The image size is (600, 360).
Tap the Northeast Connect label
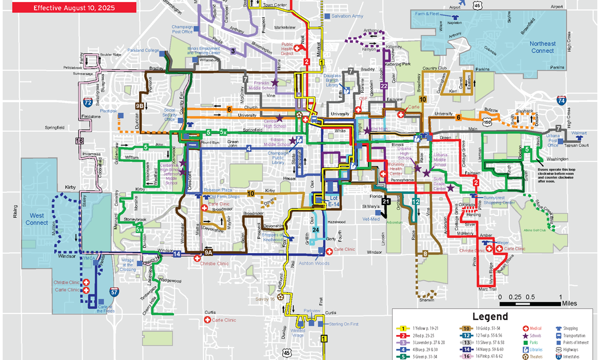(542, 47)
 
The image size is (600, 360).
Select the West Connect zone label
(36, 219)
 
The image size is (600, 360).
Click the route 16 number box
(79, 141)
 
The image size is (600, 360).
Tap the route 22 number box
(383, 86)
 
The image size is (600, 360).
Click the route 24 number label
(315, 229)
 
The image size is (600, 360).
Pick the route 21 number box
(385, 201)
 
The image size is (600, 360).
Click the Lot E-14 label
(334, 201)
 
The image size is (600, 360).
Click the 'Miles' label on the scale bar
(569, 303)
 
